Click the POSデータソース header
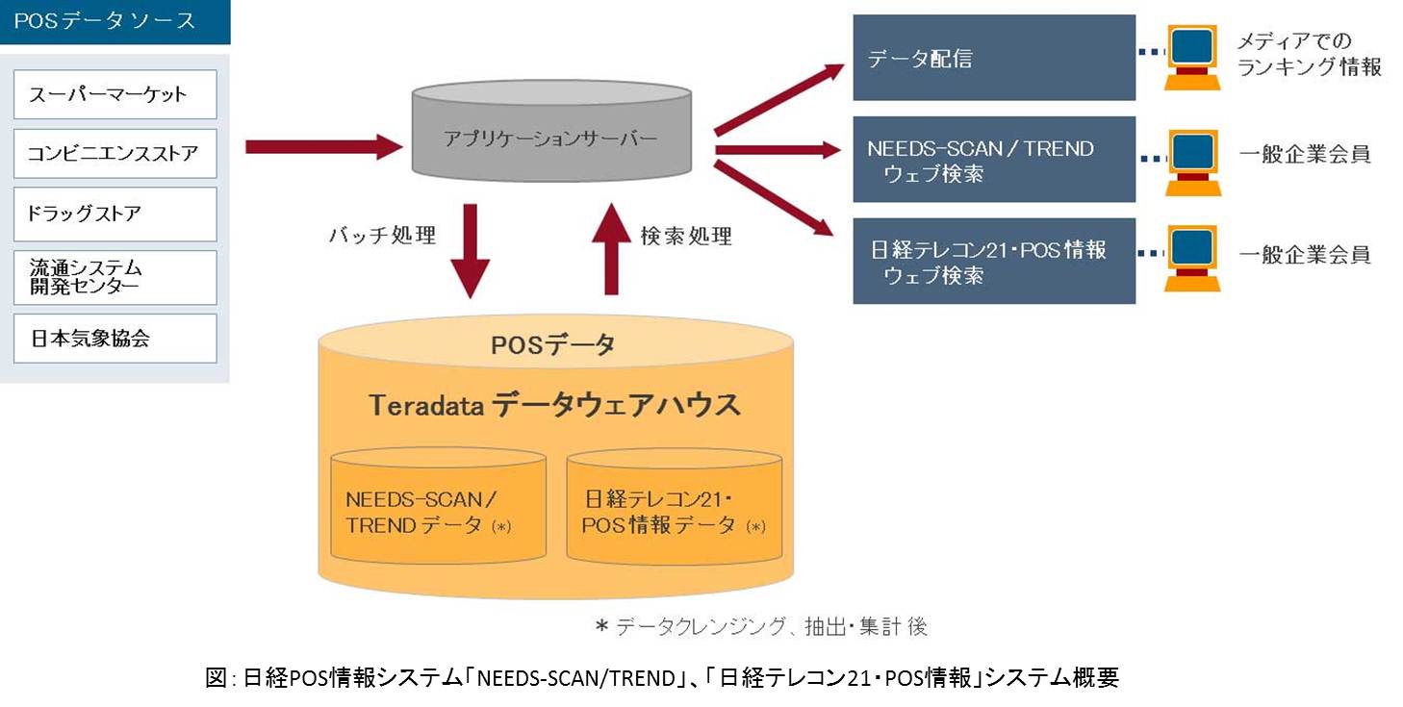click(115, 21)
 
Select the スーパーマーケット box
click(115, 94)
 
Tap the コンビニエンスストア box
click(115, 154)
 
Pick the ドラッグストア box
click(115, 214)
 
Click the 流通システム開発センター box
click(115, 277)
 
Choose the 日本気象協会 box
click(115, 339)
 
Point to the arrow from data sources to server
click(322, 147)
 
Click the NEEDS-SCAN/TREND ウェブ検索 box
click(994, 161)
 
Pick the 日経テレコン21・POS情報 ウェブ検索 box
click(994, 262)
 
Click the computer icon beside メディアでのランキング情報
click(1192, 55)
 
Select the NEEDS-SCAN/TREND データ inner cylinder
click(438, 510)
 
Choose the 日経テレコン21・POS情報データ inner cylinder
click(674, 510)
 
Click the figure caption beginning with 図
click(662, 677)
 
